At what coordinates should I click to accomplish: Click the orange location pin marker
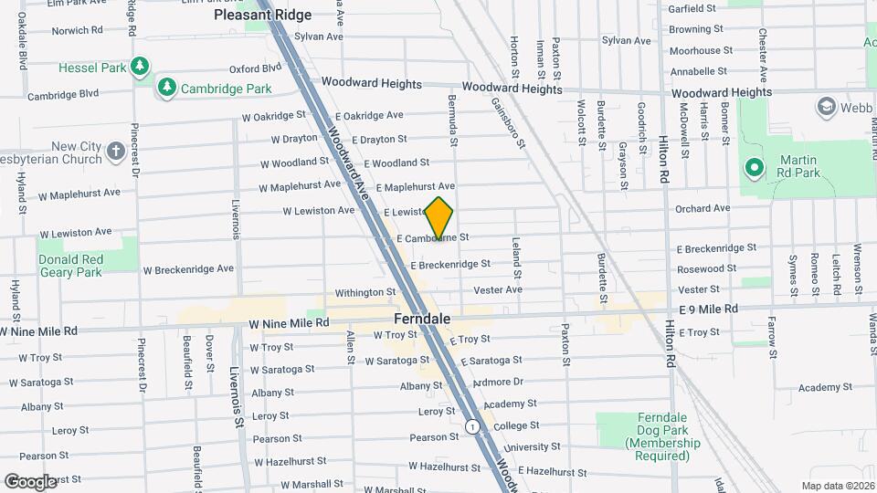(439, 218)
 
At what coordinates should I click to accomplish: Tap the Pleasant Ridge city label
(262, 15)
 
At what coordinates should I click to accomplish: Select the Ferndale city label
(422, 320)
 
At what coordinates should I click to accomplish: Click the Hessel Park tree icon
(139, 67)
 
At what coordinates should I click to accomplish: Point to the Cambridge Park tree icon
(166, 88)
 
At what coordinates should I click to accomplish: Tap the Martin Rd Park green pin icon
(754, 167)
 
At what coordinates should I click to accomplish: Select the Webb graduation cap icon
(828, 107)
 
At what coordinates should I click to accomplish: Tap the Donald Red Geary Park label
(71, 266)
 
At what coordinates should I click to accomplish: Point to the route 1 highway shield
(471, 426)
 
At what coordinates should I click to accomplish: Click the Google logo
(30, 481)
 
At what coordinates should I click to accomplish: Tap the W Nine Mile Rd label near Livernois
(289, 324)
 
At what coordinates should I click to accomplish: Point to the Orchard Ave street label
(703, 208)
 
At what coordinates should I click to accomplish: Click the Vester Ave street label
(498, 289)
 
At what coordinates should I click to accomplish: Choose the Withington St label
(365, 293)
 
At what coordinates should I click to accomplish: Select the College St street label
(516, 425)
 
